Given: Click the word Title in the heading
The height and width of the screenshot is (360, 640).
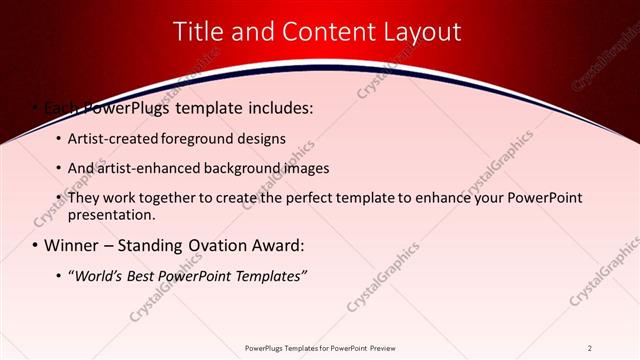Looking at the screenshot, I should [200, 32].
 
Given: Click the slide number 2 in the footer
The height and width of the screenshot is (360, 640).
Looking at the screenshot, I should [590, 348].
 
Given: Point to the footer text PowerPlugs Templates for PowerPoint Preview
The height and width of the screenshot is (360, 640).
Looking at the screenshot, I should [319, 348].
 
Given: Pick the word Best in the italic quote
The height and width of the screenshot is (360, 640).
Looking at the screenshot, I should [151, 275].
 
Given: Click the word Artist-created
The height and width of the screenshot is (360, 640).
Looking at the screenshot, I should [110, 138].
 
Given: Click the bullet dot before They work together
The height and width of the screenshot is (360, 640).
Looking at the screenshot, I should [58, 198].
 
